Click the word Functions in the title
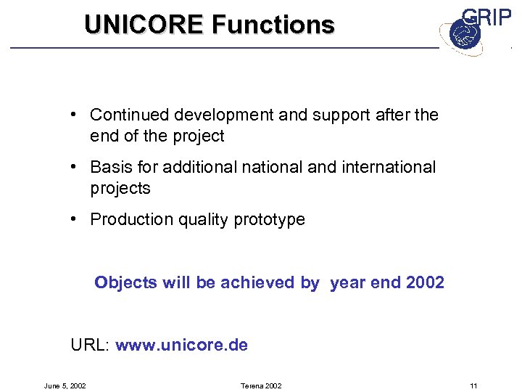coord(273,25)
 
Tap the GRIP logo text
coord(486,17)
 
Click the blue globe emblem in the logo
coord(460,33)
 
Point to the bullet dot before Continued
coord(75,115)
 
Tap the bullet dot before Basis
coord(75,167)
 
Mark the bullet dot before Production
coord(75,219)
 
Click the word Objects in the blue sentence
coord(125,282)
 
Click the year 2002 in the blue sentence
coord(426,282)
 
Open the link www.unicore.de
coord(181,345)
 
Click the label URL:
coord(90,345)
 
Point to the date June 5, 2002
coord(65,385)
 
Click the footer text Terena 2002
coord(260,385)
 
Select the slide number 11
coord(473,385)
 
